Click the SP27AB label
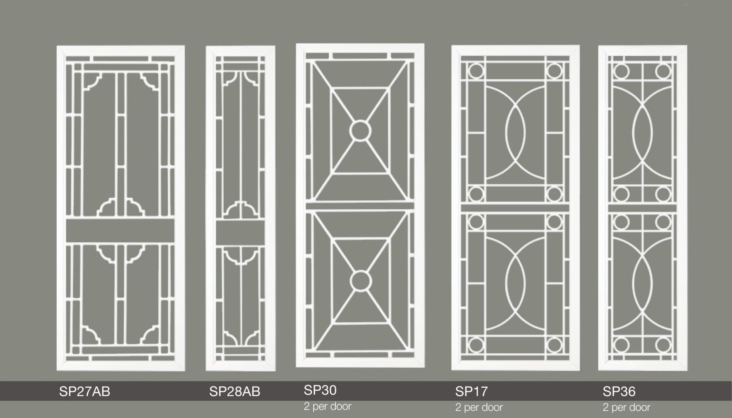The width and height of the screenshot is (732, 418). tap(85, 392)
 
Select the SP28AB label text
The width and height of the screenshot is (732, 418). tap(235, 392)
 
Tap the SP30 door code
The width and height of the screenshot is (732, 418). tap(320, 390)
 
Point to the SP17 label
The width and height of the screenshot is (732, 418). tap(471, 392)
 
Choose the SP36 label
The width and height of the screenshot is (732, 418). tap(619, 392)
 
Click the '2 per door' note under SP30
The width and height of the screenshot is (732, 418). tap(328, 406)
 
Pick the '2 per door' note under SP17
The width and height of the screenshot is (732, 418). tap(479, 407)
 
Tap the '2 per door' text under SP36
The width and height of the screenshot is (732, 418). tap(627, 407)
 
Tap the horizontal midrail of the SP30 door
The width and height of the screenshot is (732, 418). tap(360, 206)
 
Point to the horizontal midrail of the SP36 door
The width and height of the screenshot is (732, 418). tap(642, 208)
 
